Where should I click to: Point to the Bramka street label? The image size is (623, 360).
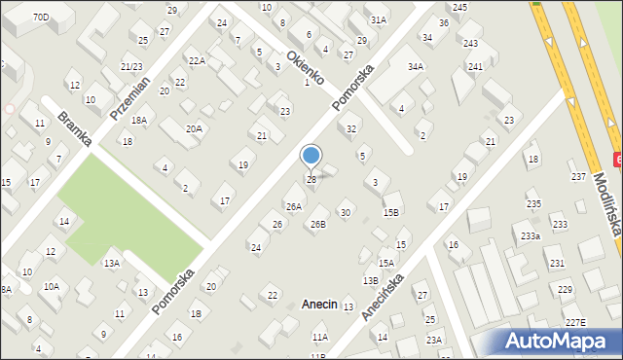click(74, 129)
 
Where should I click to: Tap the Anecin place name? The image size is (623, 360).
click(318, 305)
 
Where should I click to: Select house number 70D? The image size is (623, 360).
click(41, 18)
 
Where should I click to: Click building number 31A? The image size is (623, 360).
click(379, 19)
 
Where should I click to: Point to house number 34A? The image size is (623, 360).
click(416, 66)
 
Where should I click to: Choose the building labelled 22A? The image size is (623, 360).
click(197, 61)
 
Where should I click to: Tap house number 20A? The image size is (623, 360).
click(195, 128)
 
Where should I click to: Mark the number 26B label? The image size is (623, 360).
click(318, 225)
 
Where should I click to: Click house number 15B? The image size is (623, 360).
click(391, 212)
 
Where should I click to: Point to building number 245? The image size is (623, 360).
click(459, 7)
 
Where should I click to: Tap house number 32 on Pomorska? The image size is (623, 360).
click(352, 129)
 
